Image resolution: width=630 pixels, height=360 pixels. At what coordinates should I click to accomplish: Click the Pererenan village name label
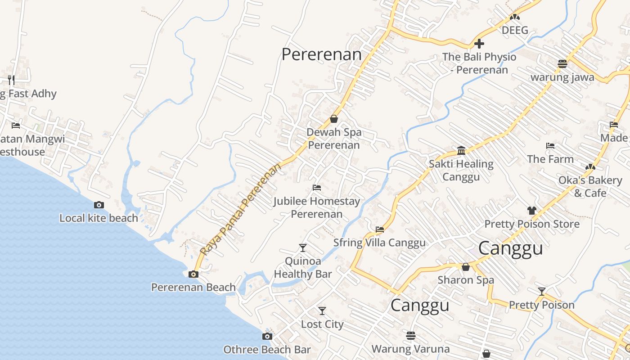(x=321, y=54)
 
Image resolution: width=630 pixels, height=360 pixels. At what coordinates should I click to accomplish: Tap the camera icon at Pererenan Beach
(x=193, y=274)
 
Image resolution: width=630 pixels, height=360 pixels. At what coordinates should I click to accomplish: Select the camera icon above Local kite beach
(x=99, y=205)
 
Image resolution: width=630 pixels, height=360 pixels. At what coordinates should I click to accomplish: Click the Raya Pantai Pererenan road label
(x=241, y=209)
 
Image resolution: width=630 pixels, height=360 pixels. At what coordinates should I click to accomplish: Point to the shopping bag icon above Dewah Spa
(x=334, y=119)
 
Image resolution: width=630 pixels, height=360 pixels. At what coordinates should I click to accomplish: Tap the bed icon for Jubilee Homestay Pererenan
(x=317, y=188)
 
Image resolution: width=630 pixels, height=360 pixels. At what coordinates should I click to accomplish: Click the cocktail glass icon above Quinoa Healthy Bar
(x=303, y=247)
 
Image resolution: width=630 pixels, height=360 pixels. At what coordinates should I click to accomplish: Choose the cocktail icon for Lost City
(x=322, y=310)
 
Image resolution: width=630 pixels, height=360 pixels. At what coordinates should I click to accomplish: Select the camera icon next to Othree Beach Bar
(x=267, y=336)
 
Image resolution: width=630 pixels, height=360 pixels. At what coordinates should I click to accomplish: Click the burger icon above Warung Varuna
(x=410, y=336)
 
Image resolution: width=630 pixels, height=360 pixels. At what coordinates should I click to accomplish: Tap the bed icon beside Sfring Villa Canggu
(x=380, y=229)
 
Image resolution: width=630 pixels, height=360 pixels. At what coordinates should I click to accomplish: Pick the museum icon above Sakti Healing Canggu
(x=461, y=150)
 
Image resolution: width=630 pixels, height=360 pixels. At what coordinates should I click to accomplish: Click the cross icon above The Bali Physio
(x=479, y=44)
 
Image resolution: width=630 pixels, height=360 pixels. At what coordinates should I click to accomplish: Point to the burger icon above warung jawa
(x=562, y=63)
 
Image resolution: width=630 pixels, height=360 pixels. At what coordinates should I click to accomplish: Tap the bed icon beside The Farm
(x=550, y=146)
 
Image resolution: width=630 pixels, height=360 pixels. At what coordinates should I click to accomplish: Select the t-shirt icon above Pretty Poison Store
(x=532, y=210)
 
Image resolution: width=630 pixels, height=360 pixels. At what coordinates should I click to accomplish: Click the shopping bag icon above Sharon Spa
(x=466, y=267)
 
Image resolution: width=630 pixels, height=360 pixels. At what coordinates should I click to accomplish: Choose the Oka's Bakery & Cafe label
(x=590, y=186)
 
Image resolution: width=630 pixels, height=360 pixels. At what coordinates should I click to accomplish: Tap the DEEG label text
(x=515, y=31)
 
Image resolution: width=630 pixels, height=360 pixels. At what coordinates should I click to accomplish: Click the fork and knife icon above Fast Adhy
(x=11, y=80)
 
